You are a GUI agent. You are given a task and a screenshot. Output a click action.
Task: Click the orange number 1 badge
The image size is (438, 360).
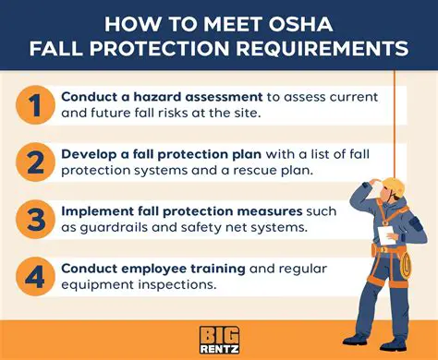click(x=34, y=104)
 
